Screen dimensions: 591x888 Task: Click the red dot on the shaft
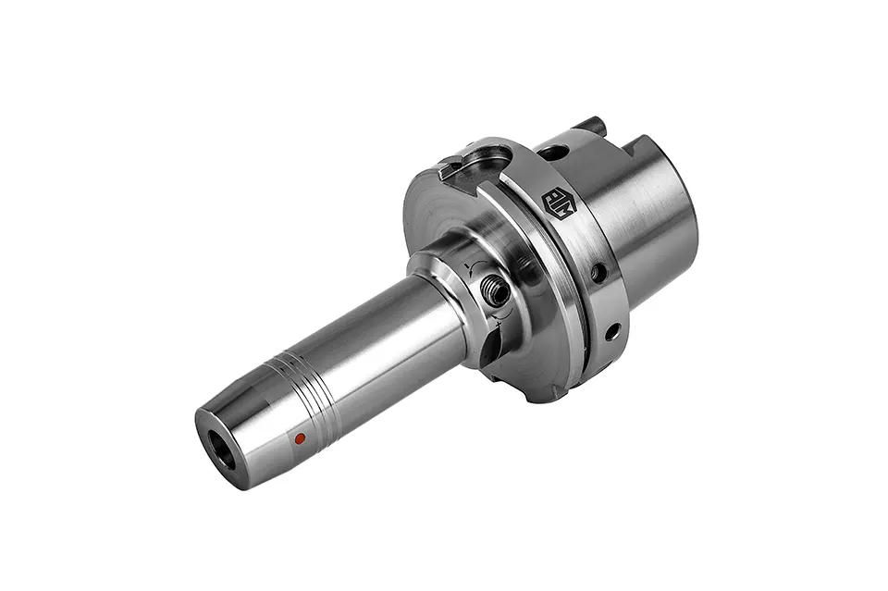click(x=299, y=439)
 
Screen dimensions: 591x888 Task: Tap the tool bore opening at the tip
click(x=221, y=452)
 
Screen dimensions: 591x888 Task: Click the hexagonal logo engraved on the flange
click(x=559, y=203)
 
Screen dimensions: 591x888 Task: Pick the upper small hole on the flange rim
click(x=599, y=273)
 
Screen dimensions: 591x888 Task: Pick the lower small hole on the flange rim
click(x=611, y=330)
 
